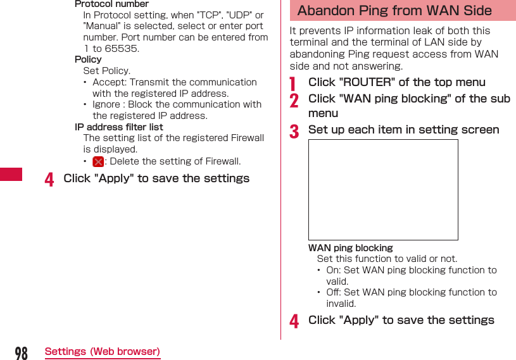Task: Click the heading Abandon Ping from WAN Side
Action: coord(394,11)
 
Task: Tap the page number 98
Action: coord(21,353)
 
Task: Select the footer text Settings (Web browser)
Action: coord(103,352)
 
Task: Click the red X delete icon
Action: coord(98,162)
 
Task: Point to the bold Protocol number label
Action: coord(111,4)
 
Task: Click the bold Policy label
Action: coord(88,59)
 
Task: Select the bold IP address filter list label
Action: coord(118,127)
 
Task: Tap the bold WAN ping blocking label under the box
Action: coord(350,248)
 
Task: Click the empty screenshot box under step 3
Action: coord(383,190)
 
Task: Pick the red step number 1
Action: coord(293,83)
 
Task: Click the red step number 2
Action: coord(294,100)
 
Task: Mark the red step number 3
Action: coord(294,131)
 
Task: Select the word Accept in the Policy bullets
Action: coord(108,82)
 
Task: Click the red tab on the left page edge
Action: coord(11,174)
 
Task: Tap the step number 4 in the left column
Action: coord(49,180)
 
